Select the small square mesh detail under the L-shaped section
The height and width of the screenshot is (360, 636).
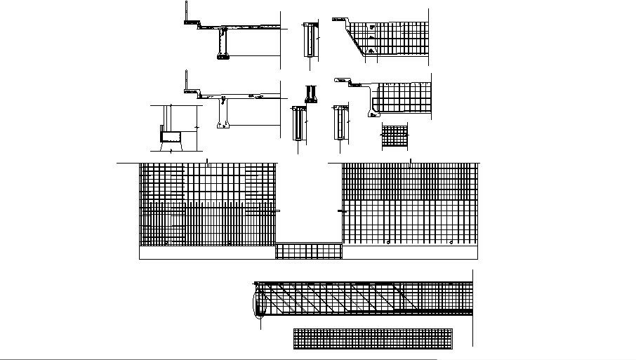click(395, 136)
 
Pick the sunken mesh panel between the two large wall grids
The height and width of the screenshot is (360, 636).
click(309, 251)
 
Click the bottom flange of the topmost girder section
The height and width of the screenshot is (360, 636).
click(223, 58)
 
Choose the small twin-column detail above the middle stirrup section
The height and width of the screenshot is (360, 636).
click(310, 93)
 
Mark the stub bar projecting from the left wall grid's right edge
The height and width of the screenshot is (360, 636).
click(278, 210)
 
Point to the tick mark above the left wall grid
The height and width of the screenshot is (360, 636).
click(208, 161)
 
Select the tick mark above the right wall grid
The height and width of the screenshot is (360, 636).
click(410, 161)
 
